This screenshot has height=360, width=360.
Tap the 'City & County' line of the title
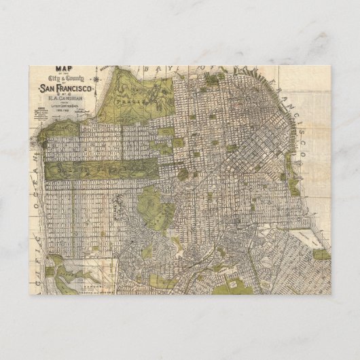66,79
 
